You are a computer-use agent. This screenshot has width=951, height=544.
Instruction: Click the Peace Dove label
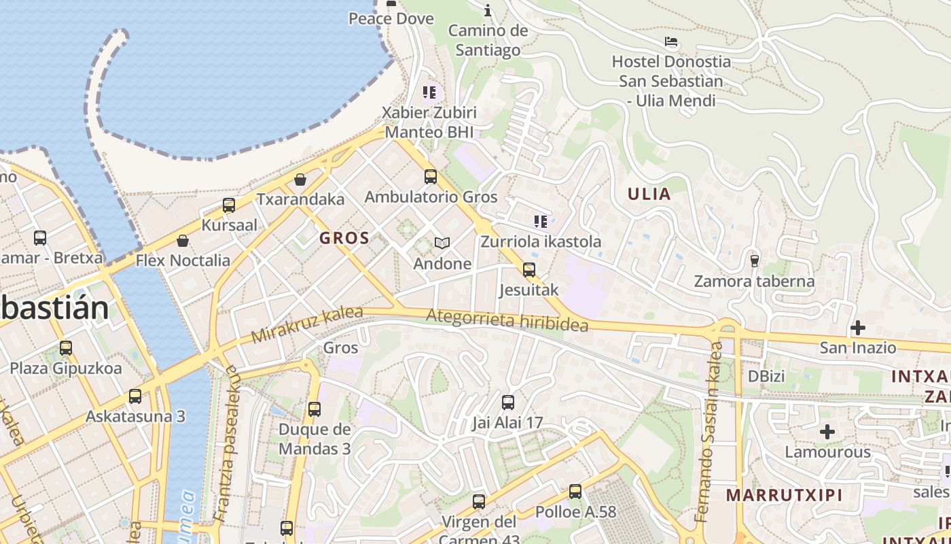click(x=391, y=18)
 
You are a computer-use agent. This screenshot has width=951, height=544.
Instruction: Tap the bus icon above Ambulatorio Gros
click(x=430, y=177)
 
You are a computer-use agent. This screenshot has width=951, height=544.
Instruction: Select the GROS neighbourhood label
click(x=344, y=238)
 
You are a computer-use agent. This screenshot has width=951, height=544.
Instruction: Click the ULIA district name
click(x=649, y=194)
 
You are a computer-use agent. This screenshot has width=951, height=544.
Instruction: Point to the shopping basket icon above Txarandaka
click(x=300, y=180)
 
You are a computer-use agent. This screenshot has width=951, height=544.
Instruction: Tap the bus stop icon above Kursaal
click(x=229, y=205)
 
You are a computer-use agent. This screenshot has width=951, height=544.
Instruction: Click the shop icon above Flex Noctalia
click(x=183, y=241)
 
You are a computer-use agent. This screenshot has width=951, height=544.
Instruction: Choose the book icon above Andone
click(x=442, y=243)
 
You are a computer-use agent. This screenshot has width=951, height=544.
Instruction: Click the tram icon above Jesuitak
click(x=529, y=270)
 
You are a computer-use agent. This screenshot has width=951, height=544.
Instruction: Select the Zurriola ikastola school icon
click(x=541, y=221)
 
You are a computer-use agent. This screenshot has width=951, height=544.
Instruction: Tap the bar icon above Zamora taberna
click(x=754, y=260)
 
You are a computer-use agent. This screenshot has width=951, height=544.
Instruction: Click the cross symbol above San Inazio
click(x=858, y=328)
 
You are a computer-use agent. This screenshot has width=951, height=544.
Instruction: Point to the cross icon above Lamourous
click(x=827, y=432)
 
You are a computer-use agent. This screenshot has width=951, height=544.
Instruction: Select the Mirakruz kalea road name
click(x=307, y=325)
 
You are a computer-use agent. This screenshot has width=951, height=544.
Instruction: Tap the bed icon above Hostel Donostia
click(x=671, y=42)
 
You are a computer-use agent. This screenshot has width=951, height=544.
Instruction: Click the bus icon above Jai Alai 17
click(x=507, y=402)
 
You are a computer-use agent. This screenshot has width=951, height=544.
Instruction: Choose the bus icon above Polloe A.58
click(x=575, y=491)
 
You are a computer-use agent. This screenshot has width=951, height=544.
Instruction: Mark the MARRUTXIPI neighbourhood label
click(x=784, y=494)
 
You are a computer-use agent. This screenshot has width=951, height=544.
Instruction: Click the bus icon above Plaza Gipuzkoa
click(x=66, y=348)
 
